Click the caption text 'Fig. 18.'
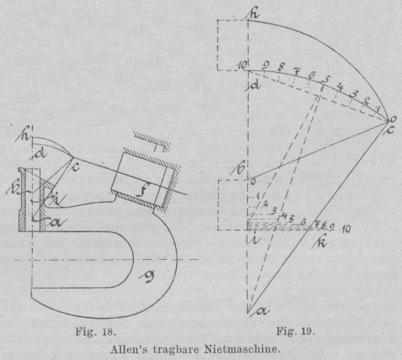click(x=95, y=332)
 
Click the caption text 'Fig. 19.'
click(x=296, y=332)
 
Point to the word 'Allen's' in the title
click(x=130, y=349)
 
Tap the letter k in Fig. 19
click(x=320, y=243)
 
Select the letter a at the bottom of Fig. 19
click(x=262, y=311)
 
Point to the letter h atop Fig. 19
click(x=253, y=14)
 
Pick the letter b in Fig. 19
click(x=239, y=169)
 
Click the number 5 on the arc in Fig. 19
click(x=326, y=78)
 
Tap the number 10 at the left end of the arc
click(x=242, y=65)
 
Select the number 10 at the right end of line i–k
click(x=346, y=229)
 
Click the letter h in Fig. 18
click(x=25, y=136)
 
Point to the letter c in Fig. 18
click(x=75, y=167)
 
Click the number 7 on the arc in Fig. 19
click(x=296, y=70)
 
